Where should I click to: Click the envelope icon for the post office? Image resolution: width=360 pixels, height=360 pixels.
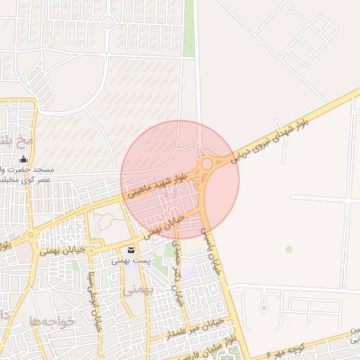click(x=131, y=250)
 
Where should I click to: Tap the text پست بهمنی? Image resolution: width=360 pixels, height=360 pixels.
click(x=131, y=261)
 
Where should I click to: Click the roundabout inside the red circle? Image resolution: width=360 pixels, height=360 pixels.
click(x=207, y=165)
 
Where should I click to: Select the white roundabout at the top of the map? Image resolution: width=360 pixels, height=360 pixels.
click(x=108, y=22)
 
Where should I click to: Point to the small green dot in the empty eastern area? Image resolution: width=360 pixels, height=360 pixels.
click(x=289, y=250)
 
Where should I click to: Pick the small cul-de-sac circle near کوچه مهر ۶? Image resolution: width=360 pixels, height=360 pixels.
click(x=263, y=307)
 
